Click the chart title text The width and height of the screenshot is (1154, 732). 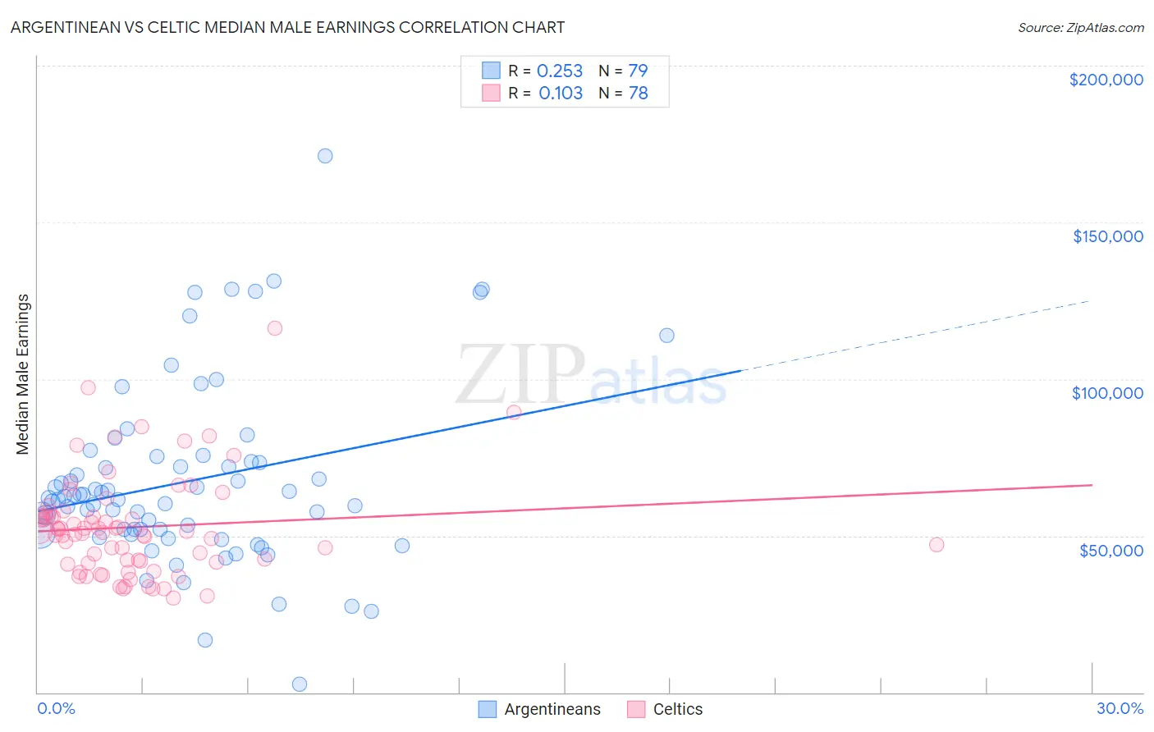tap(287, 27)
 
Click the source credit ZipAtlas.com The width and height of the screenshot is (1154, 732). tap(1080, 27)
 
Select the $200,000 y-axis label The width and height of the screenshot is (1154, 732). tap(1106, 80)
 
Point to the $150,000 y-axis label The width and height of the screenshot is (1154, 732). tap(1107, 236)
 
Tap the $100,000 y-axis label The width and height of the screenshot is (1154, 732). tap(1107, 393)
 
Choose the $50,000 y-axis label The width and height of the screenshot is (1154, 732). tap(1110, 550)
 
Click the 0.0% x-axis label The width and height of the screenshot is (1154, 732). tap(56, 708)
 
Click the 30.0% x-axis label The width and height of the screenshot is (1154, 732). tap(1120, 708)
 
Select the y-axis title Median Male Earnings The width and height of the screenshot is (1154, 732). tap(23, 374)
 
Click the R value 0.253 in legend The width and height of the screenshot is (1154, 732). tap(560, 71)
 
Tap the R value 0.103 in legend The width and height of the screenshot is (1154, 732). tap(561, 93)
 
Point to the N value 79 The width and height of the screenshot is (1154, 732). tap(638, 71)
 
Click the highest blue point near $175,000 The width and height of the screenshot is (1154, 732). tap(325, 156)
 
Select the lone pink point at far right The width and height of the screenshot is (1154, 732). tap(936, 545)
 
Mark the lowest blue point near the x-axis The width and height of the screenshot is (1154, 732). tap(300, 684)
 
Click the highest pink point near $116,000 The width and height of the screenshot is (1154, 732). tap(275, 328)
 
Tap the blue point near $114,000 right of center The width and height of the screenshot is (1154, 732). tap(666, 336)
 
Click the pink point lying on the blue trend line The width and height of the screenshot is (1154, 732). tap(514, 412)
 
